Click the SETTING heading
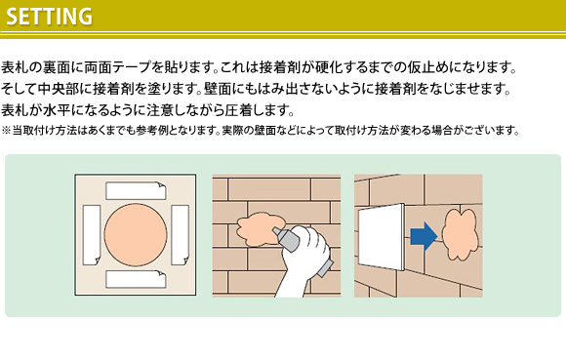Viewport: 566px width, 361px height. pyautogui.click(x=50, y=17)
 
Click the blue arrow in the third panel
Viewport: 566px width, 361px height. pyautogui.click(x=424, y=236)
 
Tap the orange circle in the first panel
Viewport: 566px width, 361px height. pyautogui.click(x=136, y=235)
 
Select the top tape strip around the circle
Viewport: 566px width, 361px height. pyautogui.click(x=136, y=190)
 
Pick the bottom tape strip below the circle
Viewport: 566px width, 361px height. pyautogui.click(x=136, y=279)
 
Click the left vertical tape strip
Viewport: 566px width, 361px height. pyautogui.click(x=92, y=235)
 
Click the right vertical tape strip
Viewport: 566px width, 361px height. pyautogui.click(x=180, y=235)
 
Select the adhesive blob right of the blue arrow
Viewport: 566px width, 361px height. pyautogui.click(x=460, y=234)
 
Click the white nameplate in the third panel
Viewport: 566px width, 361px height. pyautogui.click(x=381, y=237)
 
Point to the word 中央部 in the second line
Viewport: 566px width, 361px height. pyautogui.click(x=58, y=89)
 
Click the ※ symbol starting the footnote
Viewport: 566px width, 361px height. pyautogui.click(x=6, y=130)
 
